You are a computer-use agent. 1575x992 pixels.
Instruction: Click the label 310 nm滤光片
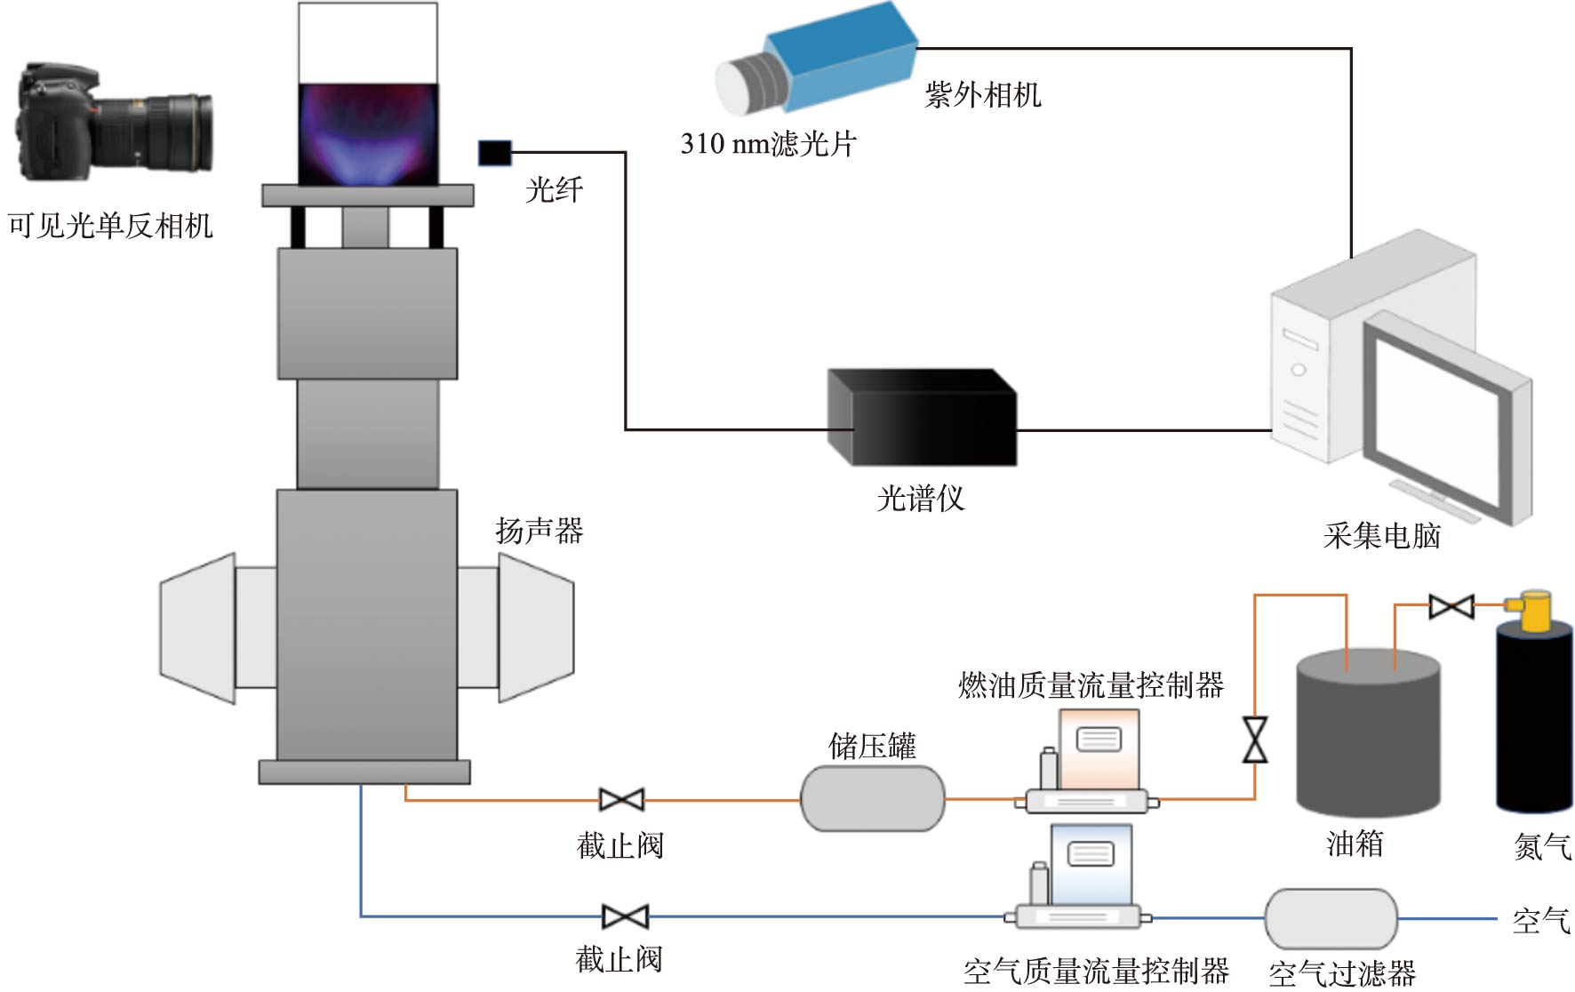click(x=768, y=144)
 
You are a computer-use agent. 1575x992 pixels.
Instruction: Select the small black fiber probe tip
click(x=495, y=153)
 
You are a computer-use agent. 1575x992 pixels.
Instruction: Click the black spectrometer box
click(x=922, y=418)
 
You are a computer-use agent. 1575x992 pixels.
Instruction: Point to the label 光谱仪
click(x=920, y=499)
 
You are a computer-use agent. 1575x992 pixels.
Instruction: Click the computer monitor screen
click(x=1439, y=417)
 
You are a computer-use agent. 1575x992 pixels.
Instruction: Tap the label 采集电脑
click(x=1381, y=536)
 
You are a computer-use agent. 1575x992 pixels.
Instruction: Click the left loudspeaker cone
click(x=198, y=628)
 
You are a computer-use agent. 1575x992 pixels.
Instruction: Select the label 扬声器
click(x=539, y=532)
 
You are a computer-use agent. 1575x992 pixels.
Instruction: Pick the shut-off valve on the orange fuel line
click(x=621, y=800)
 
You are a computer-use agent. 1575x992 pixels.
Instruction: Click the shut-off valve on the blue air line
click(x=625, y=916)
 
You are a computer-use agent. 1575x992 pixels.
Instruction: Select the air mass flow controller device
click(x=1080, y=879)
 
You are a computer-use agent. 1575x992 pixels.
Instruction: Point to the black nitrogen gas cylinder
click(x=1534, y=716)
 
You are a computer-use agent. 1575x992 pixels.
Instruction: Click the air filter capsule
click(x=1331, y=918)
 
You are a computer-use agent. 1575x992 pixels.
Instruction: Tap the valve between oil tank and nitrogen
click(x=1451, y=607)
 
